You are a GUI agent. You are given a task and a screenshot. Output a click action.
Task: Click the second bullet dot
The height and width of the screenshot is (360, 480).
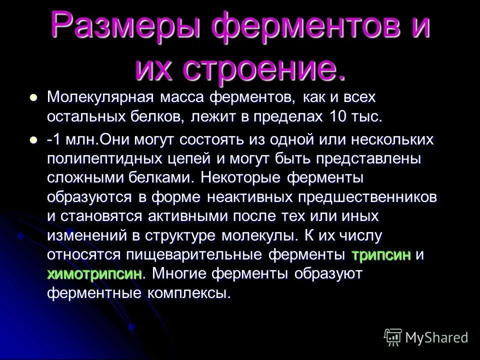coord(34,140)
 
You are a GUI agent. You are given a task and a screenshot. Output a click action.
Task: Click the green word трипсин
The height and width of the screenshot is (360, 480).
coord(381,254)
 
